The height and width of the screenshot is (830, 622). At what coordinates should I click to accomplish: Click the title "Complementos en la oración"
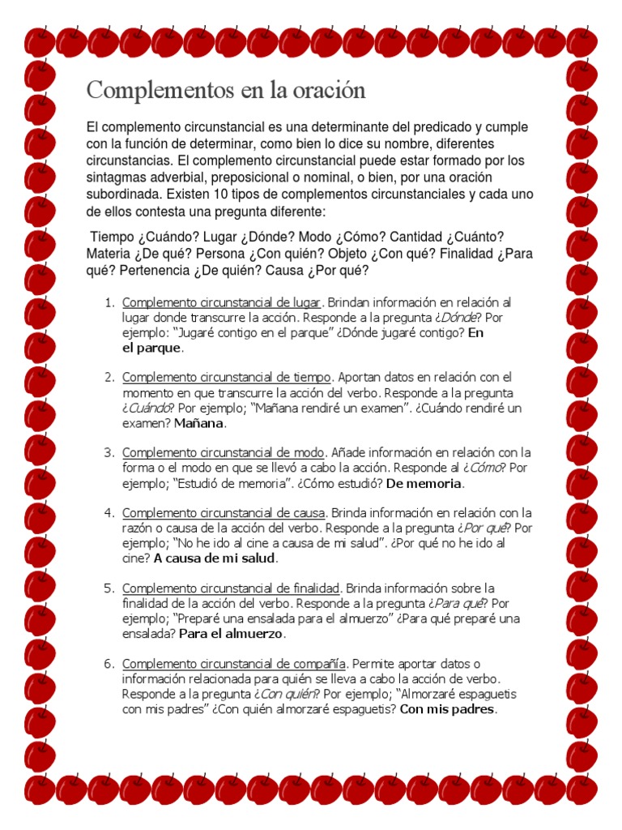pos(226,90)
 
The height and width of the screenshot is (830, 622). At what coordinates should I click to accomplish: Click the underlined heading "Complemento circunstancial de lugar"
pos(222,302)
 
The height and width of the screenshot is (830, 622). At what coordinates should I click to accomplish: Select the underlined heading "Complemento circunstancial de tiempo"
pos(226,377)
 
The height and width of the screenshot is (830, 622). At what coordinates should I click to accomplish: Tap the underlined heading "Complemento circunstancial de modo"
pos(224,452)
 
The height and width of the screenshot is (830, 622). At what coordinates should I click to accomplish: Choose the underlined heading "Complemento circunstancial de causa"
pos(224,513)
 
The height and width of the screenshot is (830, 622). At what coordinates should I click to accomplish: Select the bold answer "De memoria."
pos(425,484)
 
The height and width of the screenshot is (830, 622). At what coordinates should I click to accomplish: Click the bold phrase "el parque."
pos(153,349)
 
